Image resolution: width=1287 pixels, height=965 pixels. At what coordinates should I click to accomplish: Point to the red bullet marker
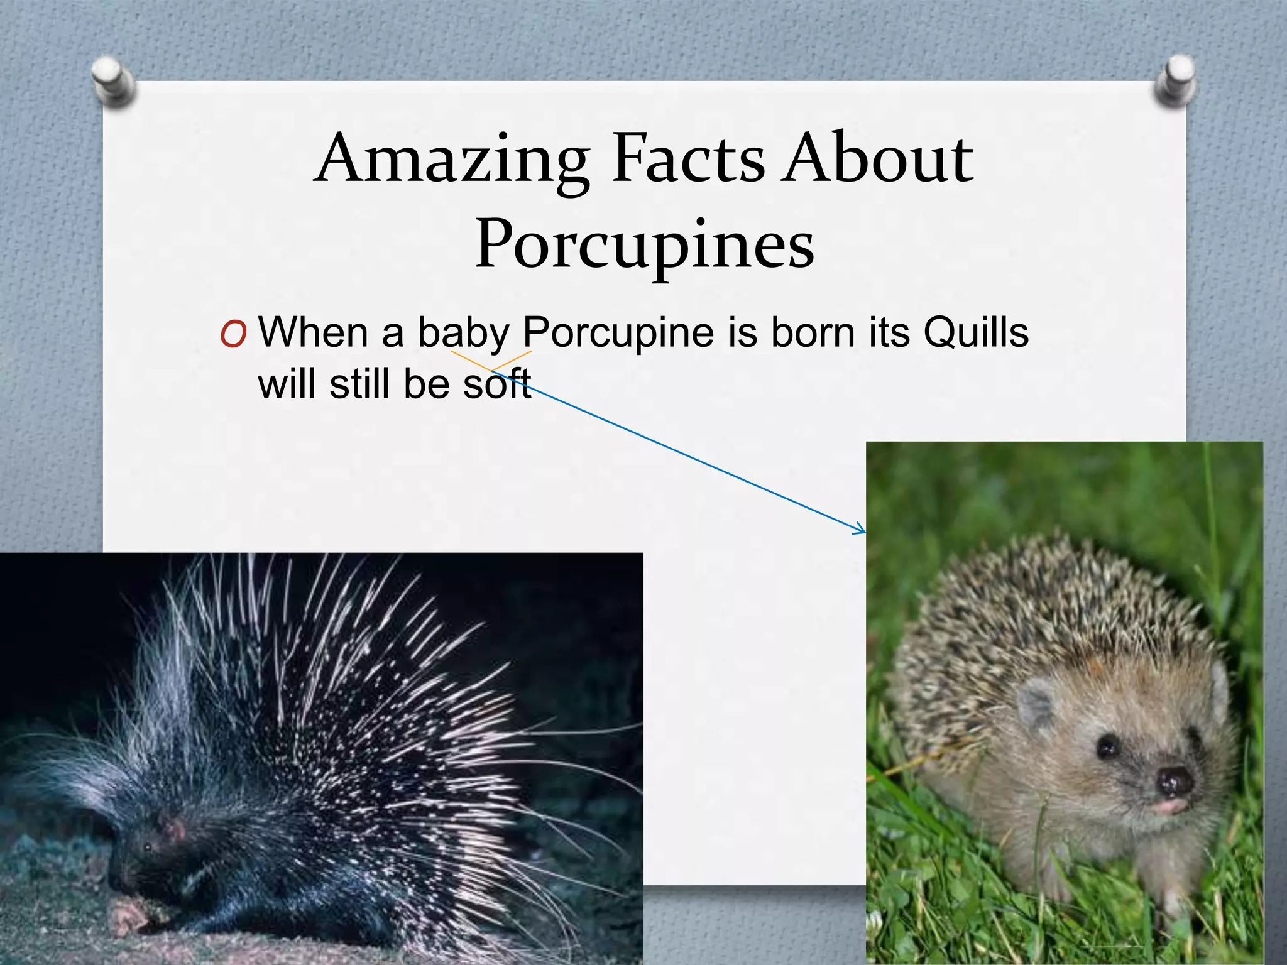tap(233, 335)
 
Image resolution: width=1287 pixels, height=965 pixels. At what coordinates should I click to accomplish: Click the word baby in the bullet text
tap(464, 333)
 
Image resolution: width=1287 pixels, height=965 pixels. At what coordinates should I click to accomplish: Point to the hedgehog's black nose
tap(1174, 782)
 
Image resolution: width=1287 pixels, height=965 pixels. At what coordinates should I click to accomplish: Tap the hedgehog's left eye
tap(1107, 746)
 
